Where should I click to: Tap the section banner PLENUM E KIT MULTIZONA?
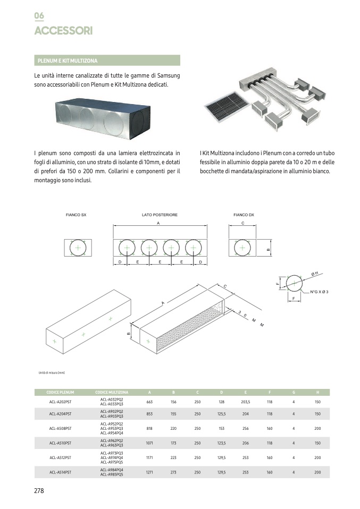click(68, 61)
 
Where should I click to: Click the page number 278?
click(39, 491)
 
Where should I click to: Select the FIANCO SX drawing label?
click(76, 215)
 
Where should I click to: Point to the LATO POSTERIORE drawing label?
click(160, 215)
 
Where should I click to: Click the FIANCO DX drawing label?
click(244, 215)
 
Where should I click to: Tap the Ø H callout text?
click(315, 274)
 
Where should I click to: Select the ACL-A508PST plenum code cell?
click(60, 428)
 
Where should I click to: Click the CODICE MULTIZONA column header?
click(112, 393)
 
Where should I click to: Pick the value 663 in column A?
click(149, 402)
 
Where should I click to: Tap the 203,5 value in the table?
click(245, 402)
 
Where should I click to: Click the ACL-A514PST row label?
click(60, 472)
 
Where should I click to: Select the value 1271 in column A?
click(149, 472)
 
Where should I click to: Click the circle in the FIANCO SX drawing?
click(78, 248)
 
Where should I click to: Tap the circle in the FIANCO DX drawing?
click(242, 248)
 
